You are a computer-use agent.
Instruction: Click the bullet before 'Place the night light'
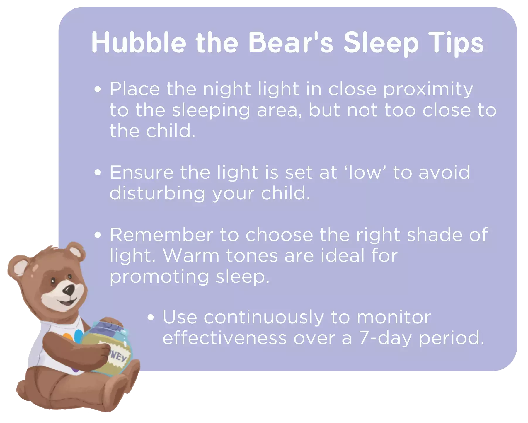98,89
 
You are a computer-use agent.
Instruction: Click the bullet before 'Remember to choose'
98,235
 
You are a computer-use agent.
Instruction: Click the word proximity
428,90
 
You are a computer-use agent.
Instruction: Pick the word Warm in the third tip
191,256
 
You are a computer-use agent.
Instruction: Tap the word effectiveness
224,338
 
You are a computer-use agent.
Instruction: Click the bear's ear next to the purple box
75,252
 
